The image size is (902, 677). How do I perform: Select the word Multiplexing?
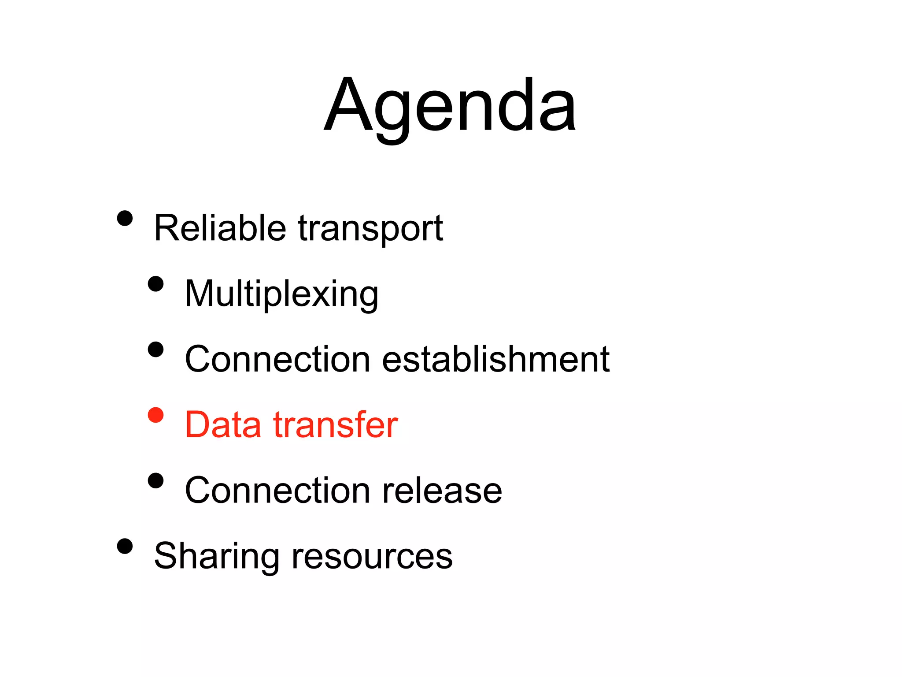click(x=281, y=294)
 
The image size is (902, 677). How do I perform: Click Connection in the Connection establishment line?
click(x=277, y=359)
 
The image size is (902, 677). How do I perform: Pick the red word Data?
click(x=223, y=424)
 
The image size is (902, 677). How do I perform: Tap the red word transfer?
click(x=336, y=424)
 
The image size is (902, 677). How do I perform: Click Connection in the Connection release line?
click(x=277, y=490)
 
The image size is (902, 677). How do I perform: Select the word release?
click(x=442, y=490)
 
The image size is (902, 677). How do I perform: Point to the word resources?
click(x=372, y=556)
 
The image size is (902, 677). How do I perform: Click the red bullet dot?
click(x=155, y=415)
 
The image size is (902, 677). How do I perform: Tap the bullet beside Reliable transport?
click(x=125, y=218)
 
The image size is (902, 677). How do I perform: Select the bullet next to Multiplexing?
click(x=155, y=284)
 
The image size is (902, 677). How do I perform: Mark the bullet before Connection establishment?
click(x=155, y=350)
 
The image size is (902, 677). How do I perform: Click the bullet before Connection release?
click(x=155, y=480)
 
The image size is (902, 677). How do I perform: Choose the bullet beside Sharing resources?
click(x=125, y=546)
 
